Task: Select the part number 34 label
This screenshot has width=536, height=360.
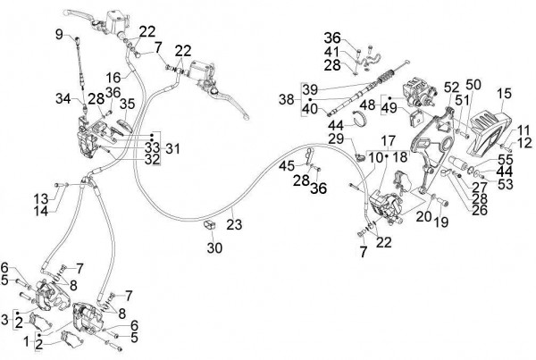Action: [x=63, y=98]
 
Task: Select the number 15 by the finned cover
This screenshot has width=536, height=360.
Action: [x=504, y=94]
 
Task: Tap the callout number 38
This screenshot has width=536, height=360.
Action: [x=286, y=100]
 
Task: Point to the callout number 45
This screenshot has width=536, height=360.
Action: [x=286, y=165]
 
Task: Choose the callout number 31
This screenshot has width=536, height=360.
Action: [x=172, y=148]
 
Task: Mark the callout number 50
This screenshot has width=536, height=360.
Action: [x=473, y=84]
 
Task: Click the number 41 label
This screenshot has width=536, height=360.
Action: [x=332, y=53]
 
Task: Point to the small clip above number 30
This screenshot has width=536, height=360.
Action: [x=211, y=223]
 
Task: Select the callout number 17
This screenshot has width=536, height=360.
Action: [x=389, y=142]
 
